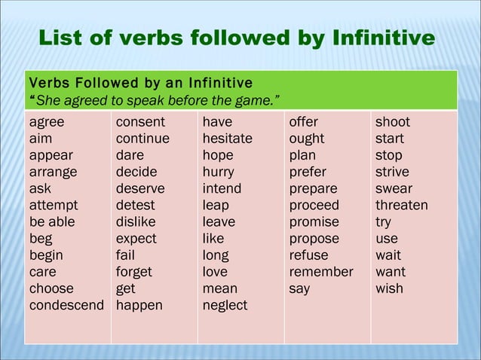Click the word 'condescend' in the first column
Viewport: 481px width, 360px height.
coord(66,305)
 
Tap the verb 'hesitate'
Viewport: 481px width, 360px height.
coord(228,139)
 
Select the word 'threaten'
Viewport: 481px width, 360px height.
coord(402,205)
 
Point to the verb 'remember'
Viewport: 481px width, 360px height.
coord(321,272)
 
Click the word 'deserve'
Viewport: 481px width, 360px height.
coord(140,188)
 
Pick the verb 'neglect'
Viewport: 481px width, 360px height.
coord(225,305)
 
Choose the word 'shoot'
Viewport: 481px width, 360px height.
coord(393,122)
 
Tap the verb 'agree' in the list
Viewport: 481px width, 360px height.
coord(47,122)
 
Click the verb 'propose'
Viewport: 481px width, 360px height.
coord(314,239)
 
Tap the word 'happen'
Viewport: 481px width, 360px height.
coord(139,305)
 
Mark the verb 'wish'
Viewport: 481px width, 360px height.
coord(389,288)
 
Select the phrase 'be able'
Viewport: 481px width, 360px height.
coord(52,221)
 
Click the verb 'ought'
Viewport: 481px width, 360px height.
coord(307,139)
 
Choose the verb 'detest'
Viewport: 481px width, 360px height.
coord(136,205)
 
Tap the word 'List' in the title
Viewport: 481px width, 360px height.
coord(63,38)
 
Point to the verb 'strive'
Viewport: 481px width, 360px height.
coord(392,172)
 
